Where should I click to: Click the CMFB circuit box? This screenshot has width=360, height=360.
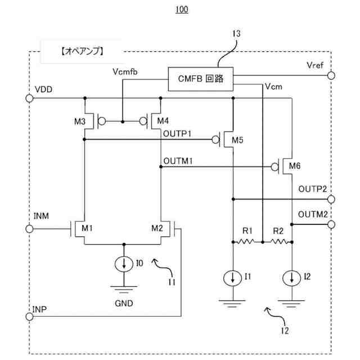click(x=201, y=79)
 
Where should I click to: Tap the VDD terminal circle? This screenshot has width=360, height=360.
click(x=29, y=98)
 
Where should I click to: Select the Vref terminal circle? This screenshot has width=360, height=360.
click(x=331, y=75)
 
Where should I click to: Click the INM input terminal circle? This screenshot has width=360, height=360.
click(x=29, y=229)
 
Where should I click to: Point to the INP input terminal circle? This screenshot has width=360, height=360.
click(x=29, y=316)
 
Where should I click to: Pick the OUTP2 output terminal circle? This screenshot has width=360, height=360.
click(x=331, y=199)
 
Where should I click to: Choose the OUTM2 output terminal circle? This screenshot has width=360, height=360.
click(x=331, y=224)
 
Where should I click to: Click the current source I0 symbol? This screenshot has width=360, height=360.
click(x=124, y=264)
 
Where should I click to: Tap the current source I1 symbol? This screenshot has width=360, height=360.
click(x=232, y=278)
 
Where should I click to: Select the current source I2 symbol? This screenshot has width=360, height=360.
click(x=291, y=278)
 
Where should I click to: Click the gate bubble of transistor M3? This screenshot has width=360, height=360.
click(x=102, y=121)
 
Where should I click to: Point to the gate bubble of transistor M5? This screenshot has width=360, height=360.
click(x=215, y=139)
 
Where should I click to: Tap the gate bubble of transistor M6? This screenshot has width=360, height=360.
click(x=274, y=166)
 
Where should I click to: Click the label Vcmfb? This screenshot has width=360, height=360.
click(x=125, y=72)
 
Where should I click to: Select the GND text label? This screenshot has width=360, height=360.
click(x=124, y=303)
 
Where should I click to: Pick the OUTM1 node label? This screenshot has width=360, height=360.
click(x=178, y=161)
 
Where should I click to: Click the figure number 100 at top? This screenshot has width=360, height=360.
click(x=182, y=10)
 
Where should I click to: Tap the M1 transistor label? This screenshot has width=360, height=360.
click(x=87, y=228)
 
